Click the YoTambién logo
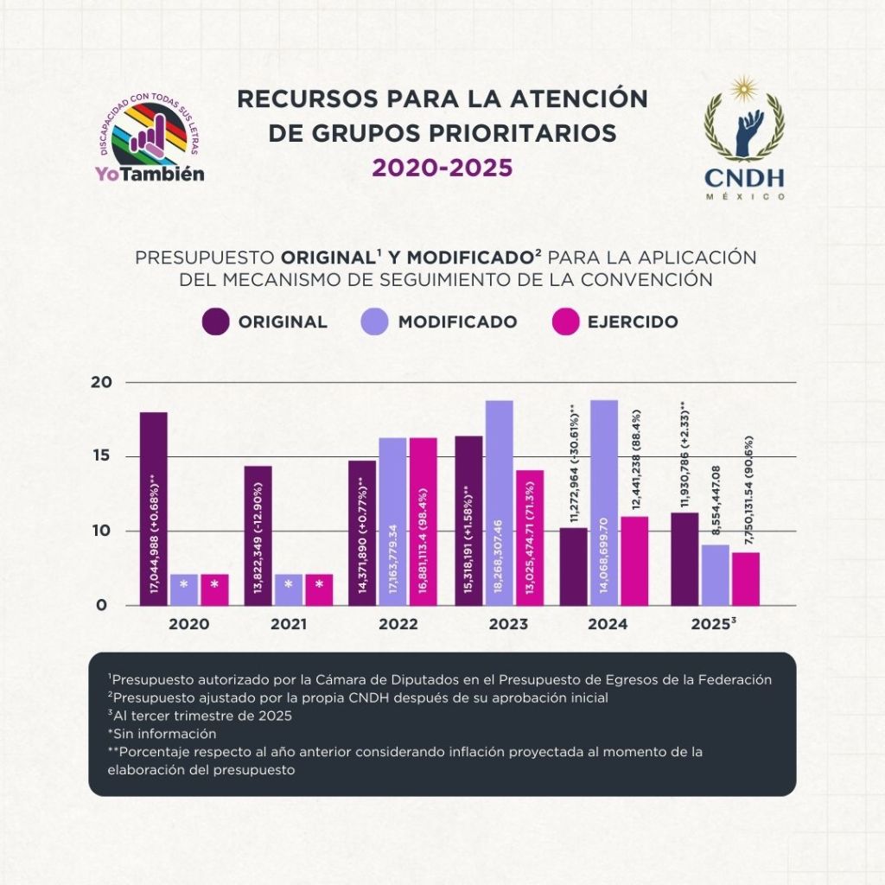[x=150, y=143]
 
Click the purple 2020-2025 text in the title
[x=442, y=167]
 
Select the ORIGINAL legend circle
[x=215, y=322]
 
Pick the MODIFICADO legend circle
[x=374, y=322]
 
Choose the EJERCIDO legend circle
[x=563, y=322]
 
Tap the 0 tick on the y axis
[x=101, y=605]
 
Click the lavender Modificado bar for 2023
[x=499, y=502]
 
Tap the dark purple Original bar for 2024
[x=573, y=566]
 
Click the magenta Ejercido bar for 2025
[x=746, y=578]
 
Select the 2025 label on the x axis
[x=713, y=624]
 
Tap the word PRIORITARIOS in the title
[x=511, y=133]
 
